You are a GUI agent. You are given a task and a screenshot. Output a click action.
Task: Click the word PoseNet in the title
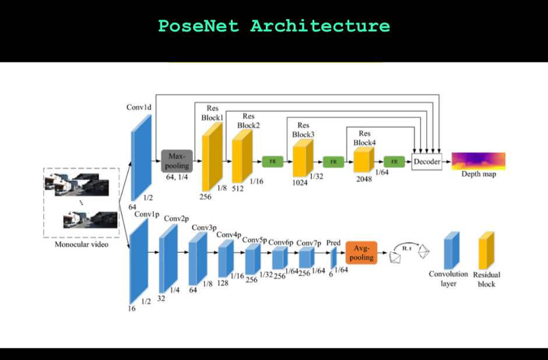(198, 26)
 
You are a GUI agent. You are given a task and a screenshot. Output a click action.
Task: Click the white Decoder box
(427, 162)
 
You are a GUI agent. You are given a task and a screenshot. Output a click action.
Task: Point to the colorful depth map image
(478, 160)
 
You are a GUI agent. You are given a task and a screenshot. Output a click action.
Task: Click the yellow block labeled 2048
(363, 160)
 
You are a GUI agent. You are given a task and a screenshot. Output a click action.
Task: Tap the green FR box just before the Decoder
(394, 161)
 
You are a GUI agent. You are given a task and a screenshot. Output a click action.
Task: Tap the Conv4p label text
(229, 235)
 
